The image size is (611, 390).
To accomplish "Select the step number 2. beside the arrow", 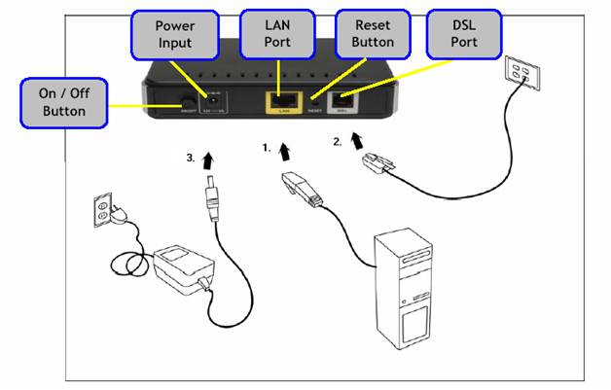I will point(338,141).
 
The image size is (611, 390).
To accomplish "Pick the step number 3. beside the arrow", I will point(190,156).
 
